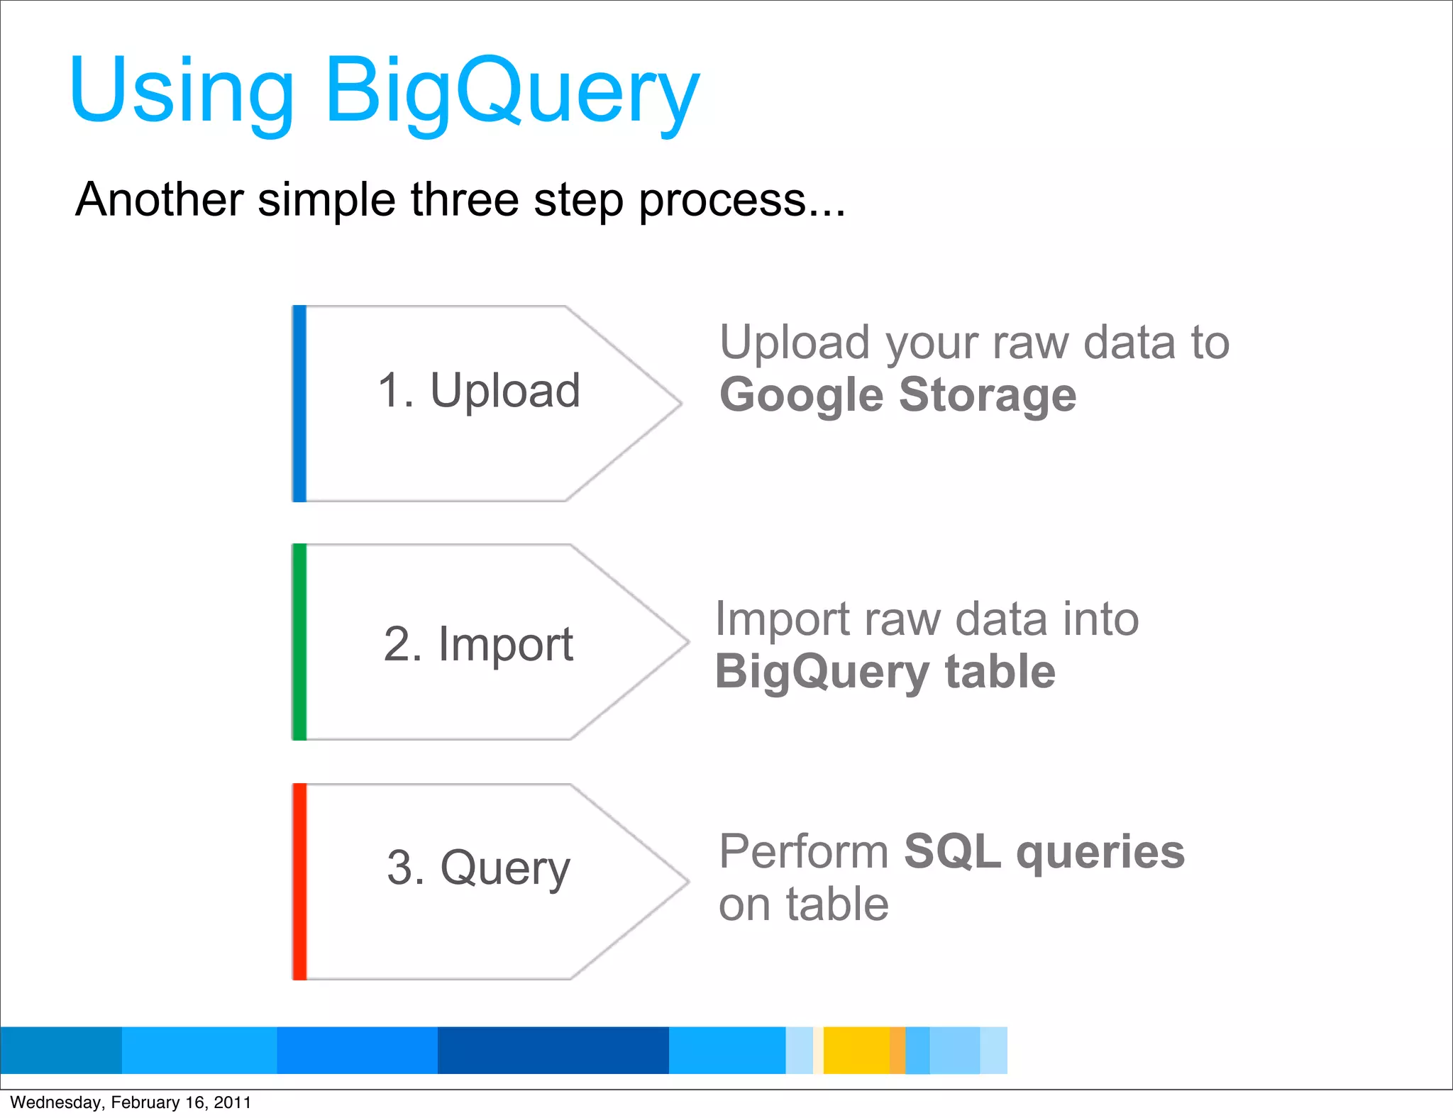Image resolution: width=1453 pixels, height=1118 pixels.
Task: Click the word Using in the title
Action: pyautogui.click(x=182, y=92)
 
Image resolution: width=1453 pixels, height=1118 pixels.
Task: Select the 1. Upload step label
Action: pyautogui.click(x=479, y=391)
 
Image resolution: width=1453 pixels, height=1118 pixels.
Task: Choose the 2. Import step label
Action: pyautogui.click(x=478, y=644)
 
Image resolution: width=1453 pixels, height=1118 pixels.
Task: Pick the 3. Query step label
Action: pyautogui.click(x=478, y=868)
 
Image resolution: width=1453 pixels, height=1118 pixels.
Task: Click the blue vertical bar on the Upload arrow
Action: pyautogui.click(x=299, y=404)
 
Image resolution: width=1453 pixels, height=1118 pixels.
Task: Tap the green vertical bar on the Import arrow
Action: pyautogui.click(x=299, y=642)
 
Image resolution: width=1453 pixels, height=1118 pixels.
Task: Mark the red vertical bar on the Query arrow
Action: pyautogui.click(x=299, y=882)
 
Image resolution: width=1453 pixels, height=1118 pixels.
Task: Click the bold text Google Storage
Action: pyautogui.click(x=897, y=395)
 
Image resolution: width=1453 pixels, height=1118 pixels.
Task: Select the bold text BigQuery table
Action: pyautogui.click(x=885, y=672)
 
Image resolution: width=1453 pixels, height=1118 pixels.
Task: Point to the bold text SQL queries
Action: pyautogui.click(x=1044, y=851)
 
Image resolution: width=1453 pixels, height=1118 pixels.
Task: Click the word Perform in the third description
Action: pyautogui.click(x=803, y=851)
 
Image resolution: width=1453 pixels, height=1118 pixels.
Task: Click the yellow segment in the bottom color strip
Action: pyautogui.click(x=856, y=1050)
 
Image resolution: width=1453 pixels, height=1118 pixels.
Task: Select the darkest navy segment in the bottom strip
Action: pyautogui.click(x=553, y=1050)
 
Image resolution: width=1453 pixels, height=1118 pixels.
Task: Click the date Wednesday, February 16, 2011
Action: pyautogui.click(x=131, y=1102)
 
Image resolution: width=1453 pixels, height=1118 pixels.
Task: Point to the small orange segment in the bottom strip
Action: pyautogui.click(x=897, y=1050)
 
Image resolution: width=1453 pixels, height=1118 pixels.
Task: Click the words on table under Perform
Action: pyautogui.click(x=803, y=904)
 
